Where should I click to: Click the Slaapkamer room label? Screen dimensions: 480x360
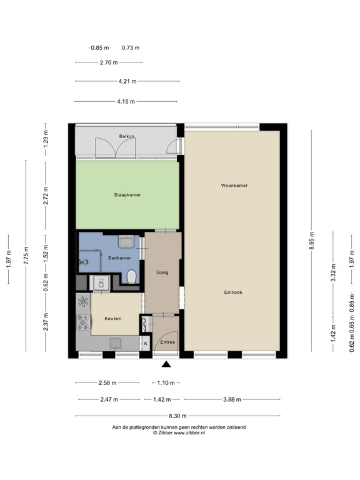127,195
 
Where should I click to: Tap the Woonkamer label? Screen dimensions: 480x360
234,186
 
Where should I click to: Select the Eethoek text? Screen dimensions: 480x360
234,292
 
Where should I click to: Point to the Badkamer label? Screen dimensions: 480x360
119,258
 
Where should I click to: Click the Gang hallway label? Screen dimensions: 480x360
162,272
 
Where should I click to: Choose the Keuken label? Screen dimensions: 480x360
113,318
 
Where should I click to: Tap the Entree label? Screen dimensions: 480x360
167,342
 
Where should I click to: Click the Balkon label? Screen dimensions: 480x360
127,136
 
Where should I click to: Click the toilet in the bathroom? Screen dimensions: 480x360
132,276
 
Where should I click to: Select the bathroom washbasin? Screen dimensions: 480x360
126,240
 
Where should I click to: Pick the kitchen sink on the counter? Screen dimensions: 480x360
116,342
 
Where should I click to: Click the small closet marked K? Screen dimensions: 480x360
146,343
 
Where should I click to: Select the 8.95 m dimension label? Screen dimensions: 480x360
312,241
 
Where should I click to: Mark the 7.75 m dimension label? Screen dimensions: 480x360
26,256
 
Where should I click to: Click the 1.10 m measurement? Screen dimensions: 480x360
165,382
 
